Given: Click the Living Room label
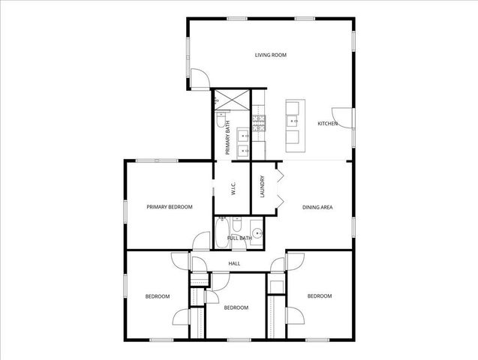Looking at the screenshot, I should [271, 55].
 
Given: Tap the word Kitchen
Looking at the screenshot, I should [327, 124].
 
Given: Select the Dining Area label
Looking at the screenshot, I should [317, 207].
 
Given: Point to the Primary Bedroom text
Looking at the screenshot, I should [170, 207].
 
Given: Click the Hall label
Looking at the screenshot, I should [234, 263].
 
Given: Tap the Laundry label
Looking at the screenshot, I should [263, 187].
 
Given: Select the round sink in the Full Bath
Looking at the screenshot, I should [257, 233].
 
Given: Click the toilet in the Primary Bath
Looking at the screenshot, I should [220, 119].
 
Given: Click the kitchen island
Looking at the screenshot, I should [292, 121].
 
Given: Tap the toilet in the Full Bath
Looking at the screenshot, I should [236, 226].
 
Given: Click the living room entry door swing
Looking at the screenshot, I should [198, 78].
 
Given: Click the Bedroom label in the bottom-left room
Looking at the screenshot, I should [157, 296].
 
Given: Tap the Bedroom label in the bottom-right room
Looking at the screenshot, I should [320, 296].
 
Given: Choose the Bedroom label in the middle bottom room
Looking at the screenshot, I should [236, 307].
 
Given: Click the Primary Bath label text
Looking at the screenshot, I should [228, 141].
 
